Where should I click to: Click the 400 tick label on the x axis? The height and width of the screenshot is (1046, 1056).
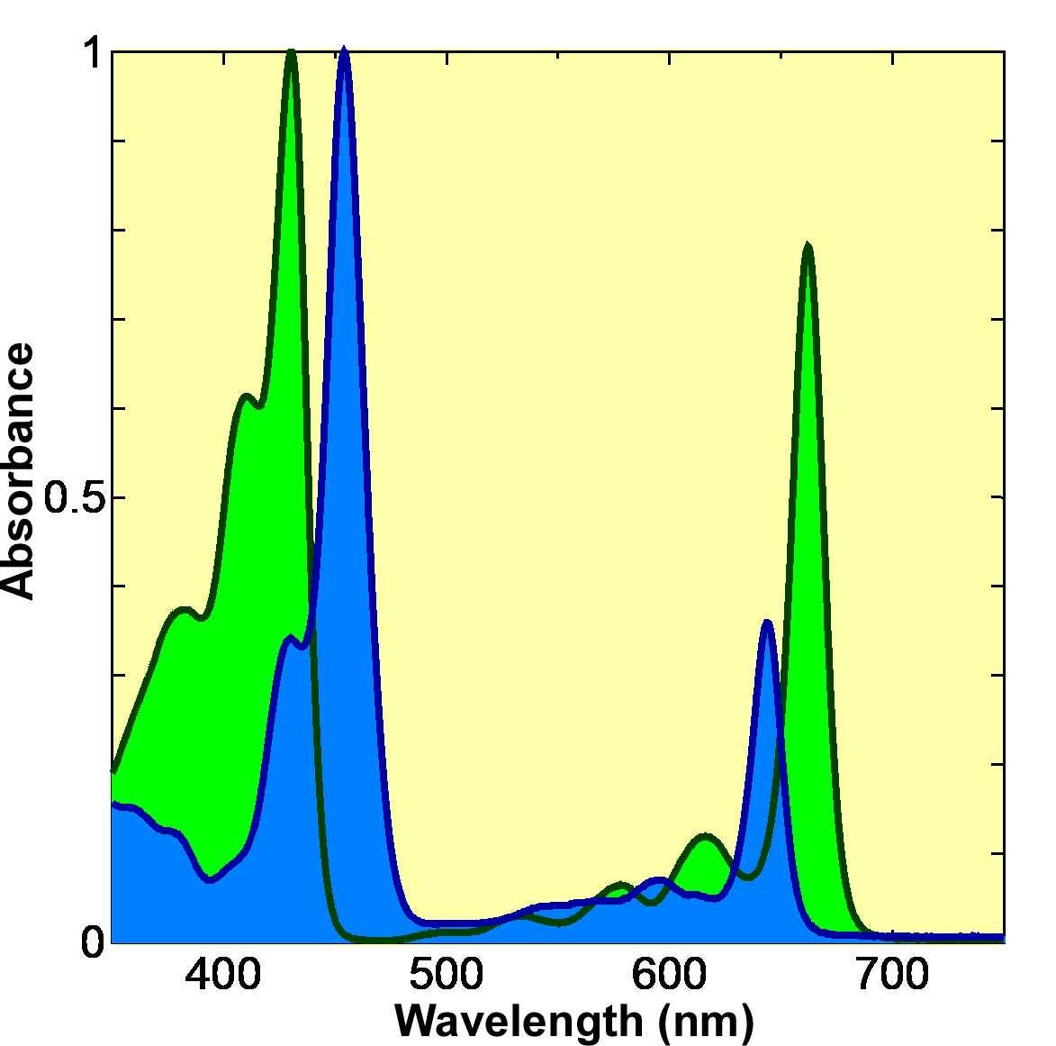coord(223,975)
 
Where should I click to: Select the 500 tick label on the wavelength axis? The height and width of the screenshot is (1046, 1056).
coord(447,975)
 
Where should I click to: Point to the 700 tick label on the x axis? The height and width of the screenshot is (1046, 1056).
coord(892,975)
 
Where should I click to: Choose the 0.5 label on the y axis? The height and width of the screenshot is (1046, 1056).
coord(74,497)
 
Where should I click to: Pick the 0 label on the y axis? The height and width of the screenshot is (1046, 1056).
coord(93,942)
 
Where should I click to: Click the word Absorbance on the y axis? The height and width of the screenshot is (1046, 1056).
coord(18,470)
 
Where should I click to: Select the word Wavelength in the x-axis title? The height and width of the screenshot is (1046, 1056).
coord(518,1021)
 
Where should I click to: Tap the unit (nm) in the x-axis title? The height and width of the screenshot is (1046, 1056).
coord(706,1021)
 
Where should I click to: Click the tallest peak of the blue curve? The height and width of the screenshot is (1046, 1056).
coord(344,50)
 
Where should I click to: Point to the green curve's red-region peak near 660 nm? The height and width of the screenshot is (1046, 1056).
coord(808,246)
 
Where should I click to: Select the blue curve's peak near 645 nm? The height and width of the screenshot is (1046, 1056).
coord(766,622)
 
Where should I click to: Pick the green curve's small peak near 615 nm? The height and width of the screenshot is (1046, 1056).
coord(706,836)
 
